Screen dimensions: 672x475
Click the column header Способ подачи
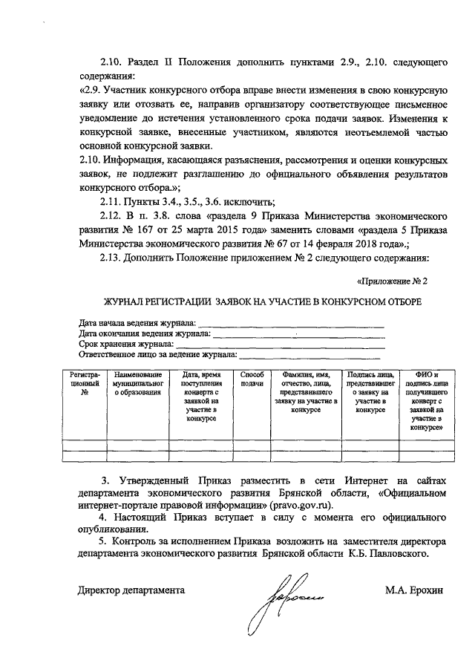[x=252, y=379]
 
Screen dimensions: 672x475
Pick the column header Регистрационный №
[x=84, y=384]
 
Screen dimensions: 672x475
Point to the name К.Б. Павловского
[x=386, y=553]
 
